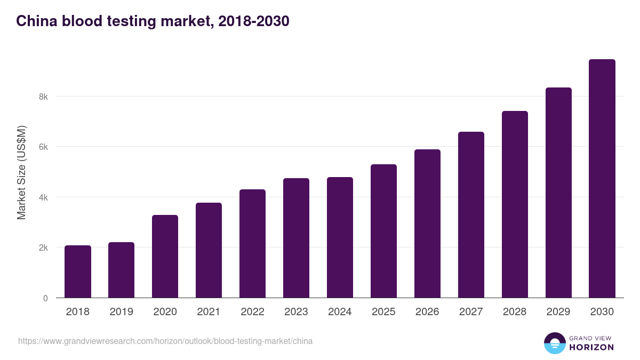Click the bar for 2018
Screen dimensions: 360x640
[x=78, y=271]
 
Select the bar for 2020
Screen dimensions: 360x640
[x=165, y=257]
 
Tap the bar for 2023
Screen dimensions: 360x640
[x=296, y=238]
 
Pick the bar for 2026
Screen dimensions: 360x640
[x=427, y=223]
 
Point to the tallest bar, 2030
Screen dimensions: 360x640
[x=602, y=179]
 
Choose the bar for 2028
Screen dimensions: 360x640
[x=515, y=204]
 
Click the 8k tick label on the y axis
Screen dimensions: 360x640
[x=43, y=97]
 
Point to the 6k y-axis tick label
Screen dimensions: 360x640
[x=43, y=147]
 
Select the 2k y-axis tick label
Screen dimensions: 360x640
[x=43, y=248]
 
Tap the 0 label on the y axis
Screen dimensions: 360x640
[x=45, y=298]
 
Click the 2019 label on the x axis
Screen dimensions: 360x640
[x=122, y=312]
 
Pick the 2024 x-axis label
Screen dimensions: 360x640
[x=340, y=312]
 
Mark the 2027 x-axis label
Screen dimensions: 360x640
[x=471, y=312]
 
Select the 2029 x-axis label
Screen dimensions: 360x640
[x=558, y=312]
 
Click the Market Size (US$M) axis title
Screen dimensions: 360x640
[x=21, y=172]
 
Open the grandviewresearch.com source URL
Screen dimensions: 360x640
[x=165, y=341]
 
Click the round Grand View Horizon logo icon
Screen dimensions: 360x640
[x=555, y=343]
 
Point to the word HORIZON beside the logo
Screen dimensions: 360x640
[x=591, y=347]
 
